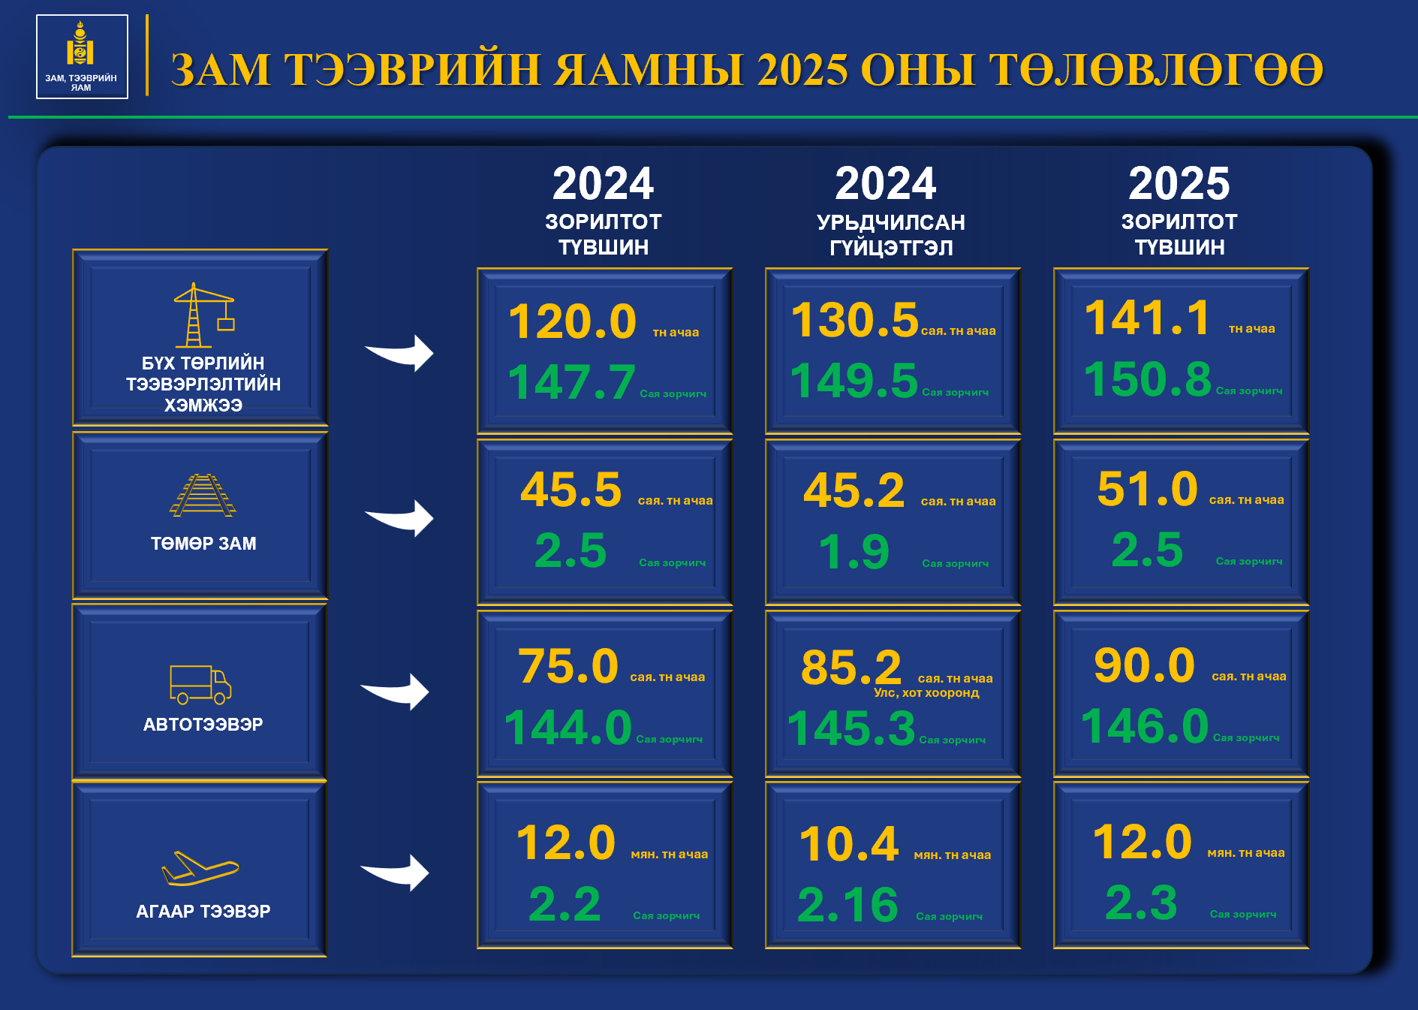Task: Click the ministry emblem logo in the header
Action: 82,56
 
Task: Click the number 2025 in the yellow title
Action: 802,70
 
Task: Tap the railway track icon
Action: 203,495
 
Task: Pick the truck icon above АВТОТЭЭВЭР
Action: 200,685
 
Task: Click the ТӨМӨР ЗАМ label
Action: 203,543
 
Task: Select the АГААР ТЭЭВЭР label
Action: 203,911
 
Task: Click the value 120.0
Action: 572,321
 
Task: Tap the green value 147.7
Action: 572,381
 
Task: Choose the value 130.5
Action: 855,320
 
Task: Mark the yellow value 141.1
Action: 1148,317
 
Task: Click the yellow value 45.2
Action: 854,490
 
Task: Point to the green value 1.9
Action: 854,552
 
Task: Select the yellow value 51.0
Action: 1147,489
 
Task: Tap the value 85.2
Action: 851,667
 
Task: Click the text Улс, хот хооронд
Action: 926,692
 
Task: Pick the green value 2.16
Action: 847,904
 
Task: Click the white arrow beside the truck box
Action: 395,691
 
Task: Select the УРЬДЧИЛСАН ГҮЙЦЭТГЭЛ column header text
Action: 891,235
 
